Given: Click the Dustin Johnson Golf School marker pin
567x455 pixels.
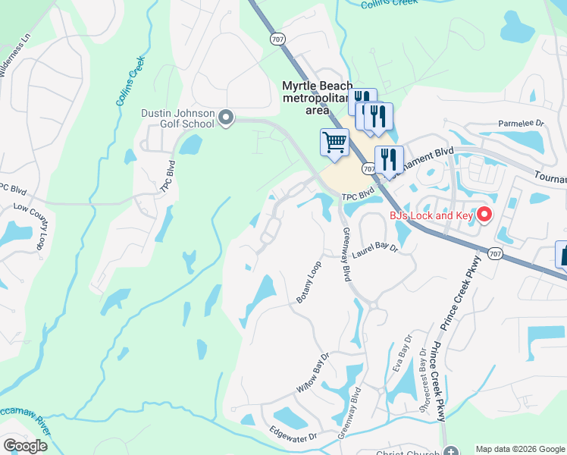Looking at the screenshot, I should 226,118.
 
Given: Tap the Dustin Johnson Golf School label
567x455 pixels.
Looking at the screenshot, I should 177,118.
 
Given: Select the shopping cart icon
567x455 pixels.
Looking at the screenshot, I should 334,142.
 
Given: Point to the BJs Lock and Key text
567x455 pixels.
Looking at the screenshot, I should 431,216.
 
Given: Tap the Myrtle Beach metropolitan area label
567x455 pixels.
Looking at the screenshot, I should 316,98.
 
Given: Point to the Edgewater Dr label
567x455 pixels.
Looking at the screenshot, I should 293,434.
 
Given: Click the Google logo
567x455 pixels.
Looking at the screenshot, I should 25,445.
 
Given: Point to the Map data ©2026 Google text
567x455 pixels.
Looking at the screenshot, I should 519,449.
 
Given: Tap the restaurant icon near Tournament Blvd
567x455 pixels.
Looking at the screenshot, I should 389,159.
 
